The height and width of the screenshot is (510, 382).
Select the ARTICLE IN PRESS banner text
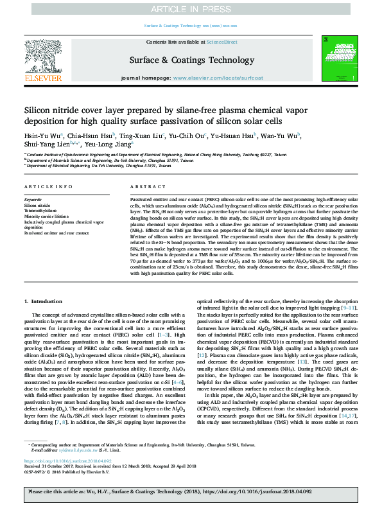point(191,8)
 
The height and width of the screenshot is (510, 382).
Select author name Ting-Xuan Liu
point(142,136)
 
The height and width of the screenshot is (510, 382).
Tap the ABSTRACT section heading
point(144,186)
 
